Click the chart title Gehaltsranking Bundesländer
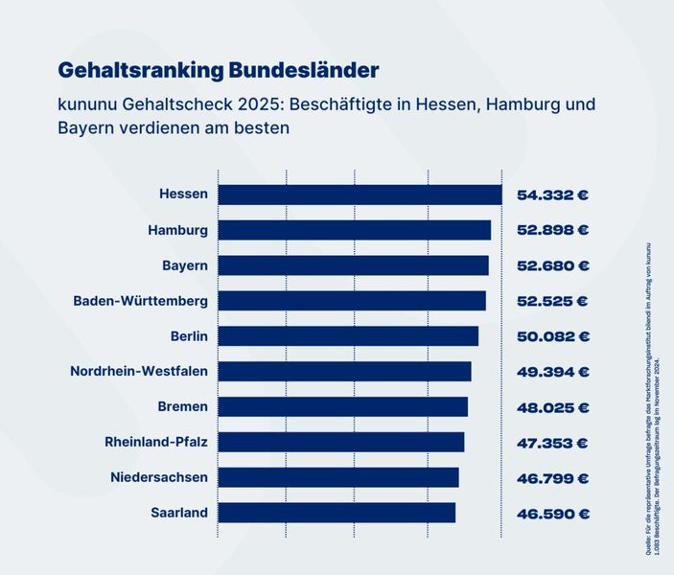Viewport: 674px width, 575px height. pos(219,70)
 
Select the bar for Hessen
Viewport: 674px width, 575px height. pos(360,195)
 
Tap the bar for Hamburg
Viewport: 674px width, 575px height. pos(354,230)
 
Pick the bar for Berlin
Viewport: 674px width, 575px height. pos(348,335)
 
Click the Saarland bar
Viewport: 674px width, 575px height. pos(337,513)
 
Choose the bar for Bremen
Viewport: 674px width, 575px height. pos(343,406)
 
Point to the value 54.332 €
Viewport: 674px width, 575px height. pos(552,195)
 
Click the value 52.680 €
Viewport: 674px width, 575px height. pos(552,265)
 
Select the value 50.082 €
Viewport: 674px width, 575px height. pos(552,336)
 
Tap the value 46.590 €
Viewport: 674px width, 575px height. pos(552,513)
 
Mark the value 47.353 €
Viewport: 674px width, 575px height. pos(552,442)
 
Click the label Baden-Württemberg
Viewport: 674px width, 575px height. pos(141,301)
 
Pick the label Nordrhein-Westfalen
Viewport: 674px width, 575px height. pos(139,371)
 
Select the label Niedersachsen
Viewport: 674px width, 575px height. pos(158,477)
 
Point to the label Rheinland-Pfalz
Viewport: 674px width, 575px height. pos(156,442)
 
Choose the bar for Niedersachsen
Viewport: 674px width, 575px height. pos(338,477)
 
